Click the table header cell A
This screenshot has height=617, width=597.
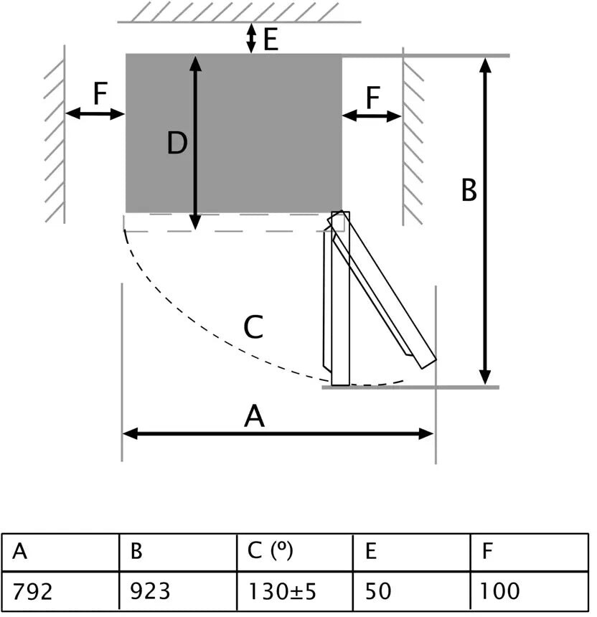(x=20, y=552)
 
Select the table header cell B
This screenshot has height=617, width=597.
(x=137, y=552)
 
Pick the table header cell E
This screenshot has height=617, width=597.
(x=371, y=552)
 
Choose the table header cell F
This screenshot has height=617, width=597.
(x=488, y=552)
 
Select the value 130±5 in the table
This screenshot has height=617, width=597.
(x=282, y=592)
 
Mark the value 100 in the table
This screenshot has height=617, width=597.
(x=500, y=592)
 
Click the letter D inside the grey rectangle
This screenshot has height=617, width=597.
(x=177, y=144)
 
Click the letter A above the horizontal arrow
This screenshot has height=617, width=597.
(x=255, y=416)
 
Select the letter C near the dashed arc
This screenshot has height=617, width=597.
(x=253, y=328)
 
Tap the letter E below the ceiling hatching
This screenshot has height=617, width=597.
(x=271, y=39)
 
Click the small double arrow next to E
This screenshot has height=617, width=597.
(x=250, y=38)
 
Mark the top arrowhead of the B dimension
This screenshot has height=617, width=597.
(x=486, y=63)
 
